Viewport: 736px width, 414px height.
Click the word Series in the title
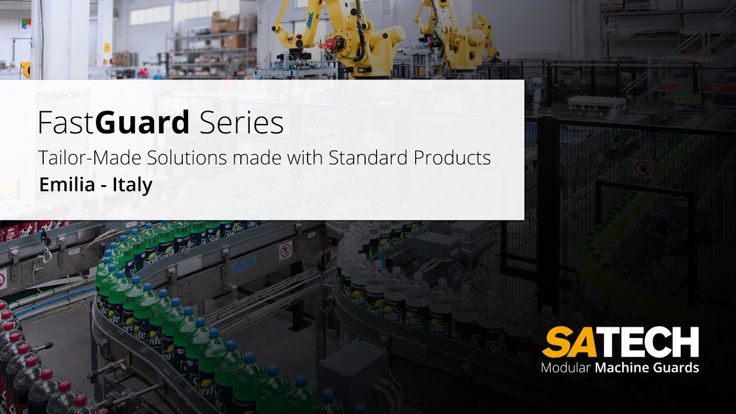pos(241,123)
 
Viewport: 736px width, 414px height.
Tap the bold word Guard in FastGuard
pos(143,123)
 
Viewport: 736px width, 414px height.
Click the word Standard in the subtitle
pos(369,158)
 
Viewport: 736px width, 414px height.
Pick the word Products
pos(453,158)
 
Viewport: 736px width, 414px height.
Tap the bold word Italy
pos(132,185)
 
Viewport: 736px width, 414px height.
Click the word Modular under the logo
pos(566,367)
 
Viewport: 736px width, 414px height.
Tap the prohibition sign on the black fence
pos(642,168)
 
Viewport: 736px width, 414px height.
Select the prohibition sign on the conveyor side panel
pos(284,250)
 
